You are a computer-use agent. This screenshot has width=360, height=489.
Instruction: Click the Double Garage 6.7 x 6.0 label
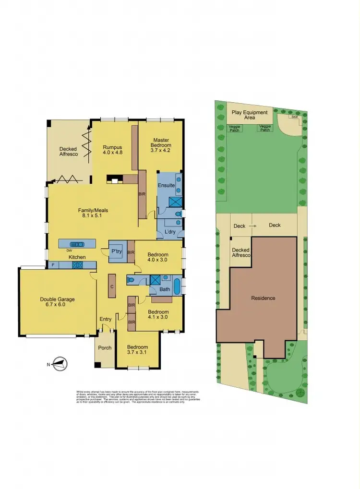[57, 302]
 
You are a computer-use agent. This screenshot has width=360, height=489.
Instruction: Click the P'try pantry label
[116, 251]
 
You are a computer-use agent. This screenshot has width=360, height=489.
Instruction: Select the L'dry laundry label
[171, 232]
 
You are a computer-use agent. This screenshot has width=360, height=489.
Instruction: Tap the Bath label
[165, 289]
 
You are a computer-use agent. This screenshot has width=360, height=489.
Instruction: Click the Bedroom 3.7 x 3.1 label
[137, 350]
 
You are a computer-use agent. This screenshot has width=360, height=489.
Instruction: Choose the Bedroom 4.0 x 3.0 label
[158, 257]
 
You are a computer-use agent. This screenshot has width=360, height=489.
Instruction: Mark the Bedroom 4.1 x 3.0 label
[158, 313]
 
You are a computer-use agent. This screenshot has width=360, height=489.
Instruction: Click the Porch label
[105, 348]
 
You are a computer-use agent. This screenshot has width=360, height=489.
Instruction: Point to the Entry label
[105, 319]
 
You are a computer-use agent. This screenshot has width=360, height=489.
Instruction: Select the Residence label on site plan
[264, 298]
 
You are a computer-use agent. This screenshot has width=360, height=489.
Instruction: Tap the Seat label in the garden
[293, 117]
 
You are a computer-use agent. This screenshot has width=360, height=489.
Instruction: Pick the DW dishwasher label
[70, 250]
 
